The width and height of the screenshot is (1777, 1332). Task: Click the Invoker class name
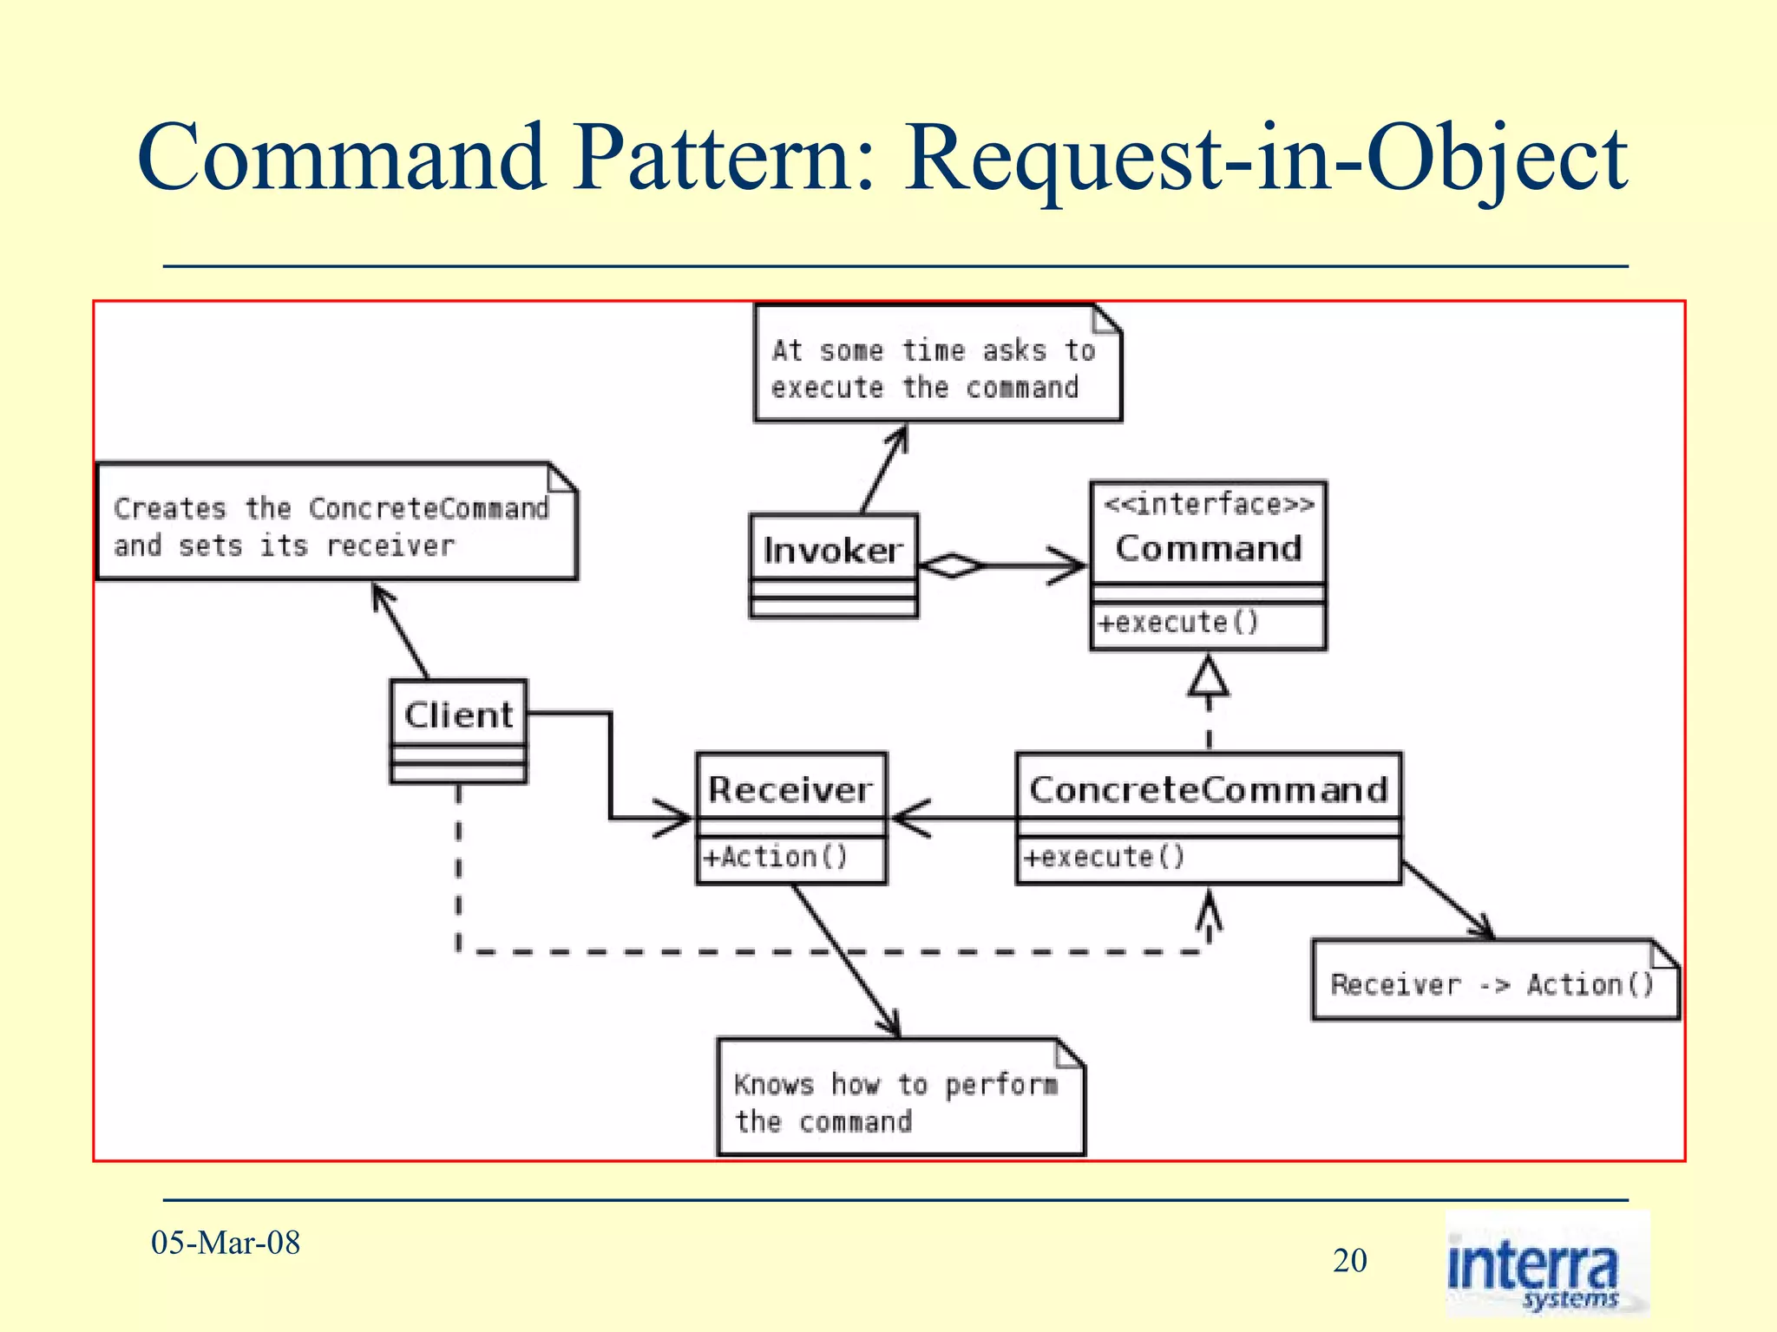(832, 550)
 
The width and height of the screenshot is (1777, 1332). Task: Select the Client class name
(458, 715)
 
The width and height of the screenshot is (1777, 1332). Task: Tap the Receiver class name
(790, 789)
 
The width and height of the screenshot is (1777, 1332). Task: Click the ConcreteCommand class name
(1208, 789)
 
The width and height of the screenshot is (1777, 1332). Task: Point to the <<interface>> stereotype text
(1208, 504)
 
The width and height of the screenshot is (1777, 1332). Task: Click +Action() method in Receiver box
(775, 857)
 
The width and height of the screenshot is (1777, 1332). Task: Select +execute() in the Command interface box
(1177, 622)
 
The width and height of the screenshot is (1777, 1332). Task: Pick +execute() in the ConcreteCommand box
(1104, 857)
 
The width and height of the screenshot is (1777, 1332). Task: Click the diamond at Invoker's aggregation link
(952, 565)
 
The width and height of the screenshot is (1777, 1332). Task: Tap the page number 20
(1350, 1260)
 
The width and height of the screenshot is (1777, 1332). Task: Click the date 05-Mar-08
(226, 1243)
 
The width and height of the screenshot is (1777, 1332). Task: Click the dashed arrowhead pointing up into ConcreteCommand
(1209, 911)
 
